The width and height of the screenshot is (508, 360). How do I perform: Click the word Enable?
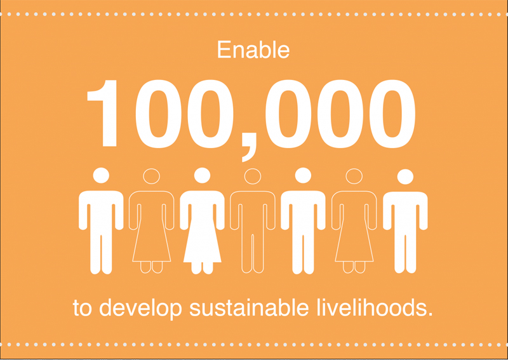pyautogui.click(x=253, y=50)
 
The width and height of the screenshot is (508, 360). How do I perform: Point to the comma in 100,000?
pyautogui.click(x=249, y=147)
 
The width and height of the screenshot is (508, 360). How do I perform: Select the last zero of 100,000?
pyautogui.click(x=392, y=114)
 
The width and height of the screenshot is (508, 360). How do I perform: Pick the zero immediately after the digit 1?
pyautogui.click(x=158, y=114)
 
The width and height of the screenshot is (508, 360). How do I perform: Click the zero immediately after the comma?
pyautogui.click(x=288, y=114)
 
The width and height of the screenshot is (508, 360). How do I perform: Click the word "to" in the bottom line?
pyautogui.click(x=83, y=308)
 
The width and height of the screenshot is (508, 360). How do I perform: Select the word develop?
pyautogui.click(x=140, y=309)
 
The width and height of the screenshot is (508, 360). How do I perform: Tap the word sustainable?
pyautogui.click(x=249, y=307)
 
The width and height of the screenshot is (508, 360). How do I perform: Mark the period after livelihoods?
pyautogui.click(x=430, y=314)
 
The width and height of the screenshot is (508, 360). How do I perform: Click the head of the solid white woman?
pyautogui.click(x=202, y=175)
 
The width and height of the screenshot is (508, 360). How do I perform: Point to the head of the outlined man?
pyautogui.click(x=253, y=177)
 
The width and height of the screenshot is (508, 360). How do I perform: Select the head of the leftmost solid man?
pyautogui.click(x=101, y=175)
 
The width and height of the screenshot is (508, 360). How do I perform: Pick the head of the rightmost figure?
pyautogui.click(x=405, y=177)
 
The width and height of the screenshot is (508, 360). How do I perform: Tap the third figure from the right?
pyautogui.click(x=304, y=220)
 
